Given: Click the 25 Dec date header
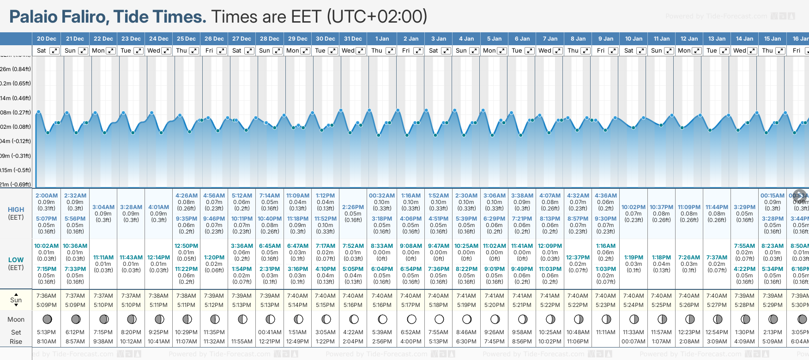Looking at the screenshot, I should (x=186, y=39).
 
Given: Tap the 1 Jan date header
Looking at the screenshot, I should (x=382, y=39).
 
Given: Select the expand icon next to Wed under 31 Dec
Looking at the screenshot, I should (x=361, y=51).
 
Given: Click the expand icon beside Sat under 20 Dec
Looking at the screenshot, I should (x=54, y=51).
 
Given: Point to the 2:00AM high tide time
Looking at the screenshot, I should (x=47, y=196).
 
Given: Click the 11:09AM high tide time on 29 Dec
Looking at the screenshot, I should (x=298, y=196).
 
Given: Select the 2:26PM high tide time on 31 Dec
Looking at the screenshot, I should (x=353, y=207).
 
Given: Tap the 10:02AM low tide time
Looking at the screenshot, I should (x=47, y=246).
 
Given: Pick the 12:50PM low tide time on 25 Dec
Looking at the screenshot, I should (x=186, y=246).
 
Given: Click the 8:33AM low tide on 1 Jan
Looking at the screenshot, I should (x=382, y=246).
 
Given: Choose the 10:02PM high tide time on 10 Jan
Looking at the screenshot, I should (x=634, y=207).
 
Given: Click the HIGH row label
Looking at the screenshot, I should (x=16, y=210).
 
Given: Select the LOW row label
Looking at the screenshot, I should (x=16, y=260).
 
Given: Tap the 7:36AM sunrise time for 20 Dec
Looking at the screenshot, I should (x=47, y=296).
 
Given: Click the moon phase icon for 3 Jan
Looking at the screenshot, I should (x=439, y=319).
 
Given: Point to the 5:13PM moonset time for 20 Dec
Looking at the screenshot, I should (x=47, y=332).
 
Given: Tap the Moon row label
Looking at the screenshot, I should (x=16, y=319).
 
